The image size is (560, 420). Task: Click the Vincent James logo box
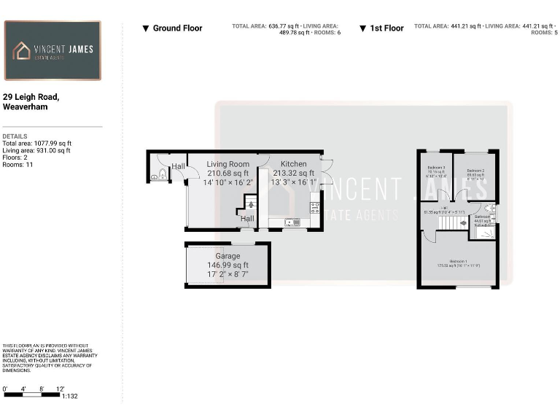[x=52, y=50]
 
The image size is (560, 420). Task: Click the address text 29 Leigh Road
[x=31, y=97]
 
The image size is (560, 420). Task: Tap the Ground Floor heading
[x=172, y=28]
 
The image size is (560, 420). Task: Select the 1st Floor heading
[x=381, y=28]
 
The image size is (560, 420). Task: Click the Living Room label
[x=227, y=164]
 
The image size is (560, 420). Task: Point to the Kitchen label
[x=294, y=164]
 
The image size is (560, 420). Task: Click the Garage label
[x=227, y=257]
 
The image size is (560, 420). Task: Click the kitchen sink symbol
[x=290, y=222]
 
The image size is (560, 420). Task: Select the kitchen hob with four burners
[x=315, y=208]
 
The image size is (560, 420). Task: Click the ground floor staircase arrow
[x=251, y=206]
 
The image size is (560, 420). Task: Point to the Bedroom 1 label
[x=458, y=262]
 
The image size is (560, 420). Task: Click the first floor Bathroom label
[x=482, y=217]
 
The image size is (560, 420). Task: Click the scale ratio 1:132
[x=71, y=396]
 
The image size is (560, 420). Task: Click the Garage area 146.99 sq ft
[x=227, y=265]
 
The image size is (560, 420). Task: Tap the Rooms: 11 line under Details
[x=18, y=165]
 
